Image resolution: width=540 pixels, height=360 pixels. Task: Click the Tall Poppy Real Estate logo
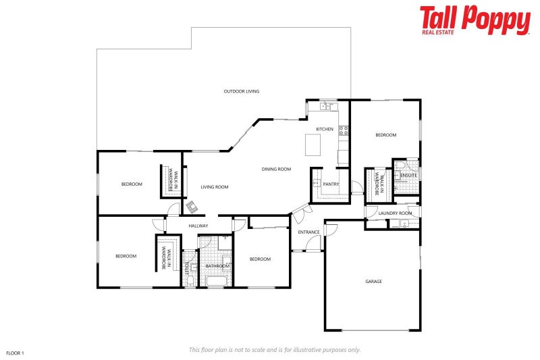click(475, 20)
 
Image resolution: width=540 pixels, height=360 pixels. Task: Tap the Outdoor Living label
click(242, 91)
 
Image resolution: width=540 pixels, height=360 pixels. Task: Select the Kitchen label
click(325, 129)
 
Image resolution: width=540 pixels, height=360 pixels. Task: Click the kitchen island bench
click(313, 143)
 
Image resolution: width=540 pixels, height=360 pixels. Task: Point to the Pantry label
click(331, 184)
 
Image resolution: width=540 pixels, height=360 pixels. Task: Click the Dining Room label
click(276, 169)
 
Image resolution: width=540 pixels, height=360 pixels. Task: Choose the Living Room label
click(215, 187)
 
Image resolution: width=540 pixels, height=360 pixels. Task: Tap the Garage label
click(373, 281)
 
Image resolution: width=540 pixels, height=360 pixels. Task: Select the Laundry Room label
click(395, 213)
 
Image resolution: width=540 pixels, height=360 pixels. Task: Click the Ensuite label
click(408, 176)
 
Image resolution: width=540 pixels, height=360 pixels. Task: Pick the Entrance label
click(308, 232)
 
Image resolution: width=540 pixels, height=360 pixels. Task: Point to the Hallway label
click(198, 226)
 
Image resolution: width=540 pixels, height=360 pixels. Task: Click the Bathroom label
click(217, 266)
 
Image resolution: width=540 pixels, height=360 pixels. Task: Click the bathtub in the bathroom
click(218, 280)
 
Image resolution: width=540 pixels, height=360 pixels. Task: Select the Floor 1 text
click(15, 353)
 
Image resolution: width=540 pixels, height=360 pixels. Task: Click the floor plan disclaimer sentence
click(274, 349)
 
